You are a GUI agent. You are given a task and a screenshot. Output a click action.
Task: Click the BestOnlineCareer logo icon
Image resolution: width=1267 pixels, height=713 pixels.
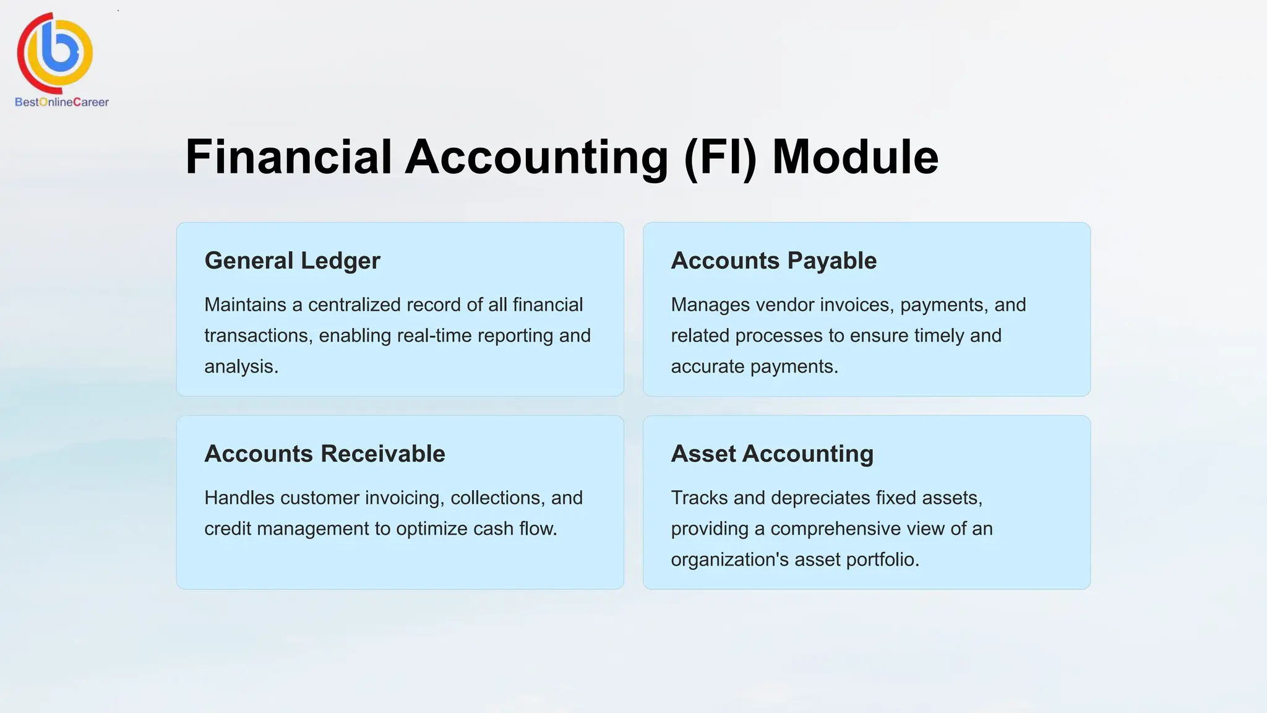pyautogui.click(x=55, y=52)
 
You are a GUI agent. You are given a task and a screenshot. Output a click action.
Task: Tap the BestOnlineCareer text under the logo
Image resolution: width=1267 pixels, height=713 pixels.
pyautogui.click(x=62, y=102)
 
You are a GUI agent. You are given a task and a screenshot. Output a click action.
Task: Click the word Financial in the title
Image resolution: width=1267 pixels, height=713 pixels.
pyautogui.click(x=288, y=157)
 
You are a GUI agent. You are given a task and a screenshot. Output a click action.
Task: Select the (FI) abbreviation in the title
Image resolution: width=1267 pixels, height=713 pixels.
pyautogui.click(x=720, y=157)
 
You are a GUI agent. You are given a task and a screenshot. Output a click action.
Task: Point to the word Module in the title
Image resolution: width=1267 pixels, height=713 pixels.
pyautogui.click(x=855, y=157)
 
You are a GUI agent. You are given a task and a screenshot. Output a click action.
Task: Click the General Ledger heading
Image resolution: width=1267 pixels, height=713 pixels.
pyautogui.click(x=292, y=261)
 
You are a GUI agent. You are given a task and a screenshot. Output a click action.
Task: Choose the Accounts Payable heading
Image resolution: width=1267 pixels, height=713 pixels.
pyautogui.click(x=773, y=261)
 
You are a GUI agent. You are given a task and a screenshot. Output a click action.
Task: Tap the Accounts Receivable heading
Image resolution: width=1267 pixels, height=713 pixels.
pyautogui.click(x=324, y=454)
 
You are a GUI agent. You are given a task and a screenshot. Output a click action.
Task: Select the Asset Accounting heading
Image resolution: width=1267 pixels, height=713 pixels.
pyautogui.click(x=772, y=454)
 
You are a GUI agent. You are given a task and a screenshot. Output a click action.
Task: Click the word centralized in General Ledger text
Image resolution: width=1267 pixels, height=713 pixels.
pyautogui.click(x=353, y=305)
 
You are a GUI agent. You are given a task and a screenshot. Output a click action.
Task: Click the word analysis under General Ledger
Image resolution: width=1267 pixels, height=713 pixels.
pyautogui.click(x=240, y=366)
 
